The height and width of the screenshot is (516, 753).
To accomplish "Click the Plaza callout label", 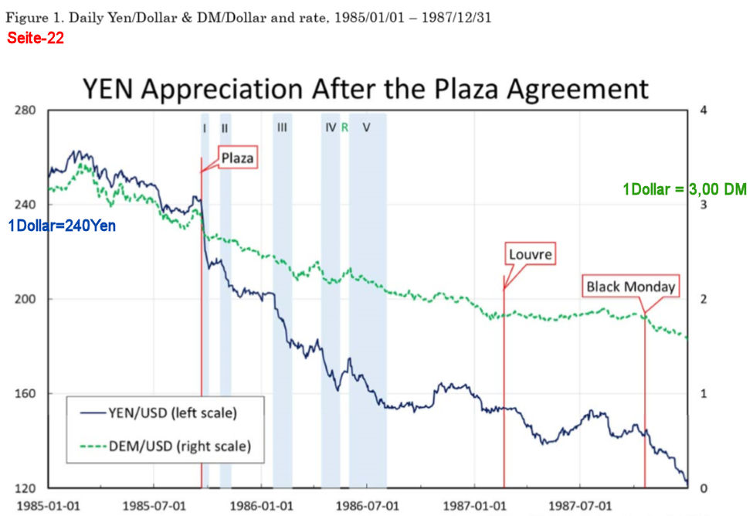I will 237,158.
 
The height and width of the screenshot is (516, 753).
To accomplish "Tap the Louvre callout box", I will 531,253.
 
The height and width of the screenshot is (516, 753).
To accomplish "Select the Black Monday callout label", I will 631,287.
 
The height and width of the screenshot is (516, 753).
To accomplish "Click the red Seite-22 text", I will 35,37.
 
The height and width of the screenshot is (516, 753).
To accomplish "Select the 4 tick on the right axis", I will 701,110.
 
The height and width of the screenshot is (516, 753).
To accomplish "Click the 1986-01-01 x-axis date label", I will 264,506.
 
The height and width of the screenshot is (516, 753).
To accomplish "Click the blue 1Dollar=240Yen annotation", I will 62,226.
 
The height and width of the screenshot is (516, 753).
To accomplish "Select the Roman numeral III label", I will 282,128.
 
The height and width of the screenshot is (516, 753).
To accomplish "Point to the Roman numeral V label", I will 366,128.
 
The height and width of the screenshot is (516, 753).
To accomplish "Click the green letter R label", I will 344,128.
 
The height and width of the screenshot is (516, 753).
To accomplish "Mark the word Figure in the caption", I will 25,17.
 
